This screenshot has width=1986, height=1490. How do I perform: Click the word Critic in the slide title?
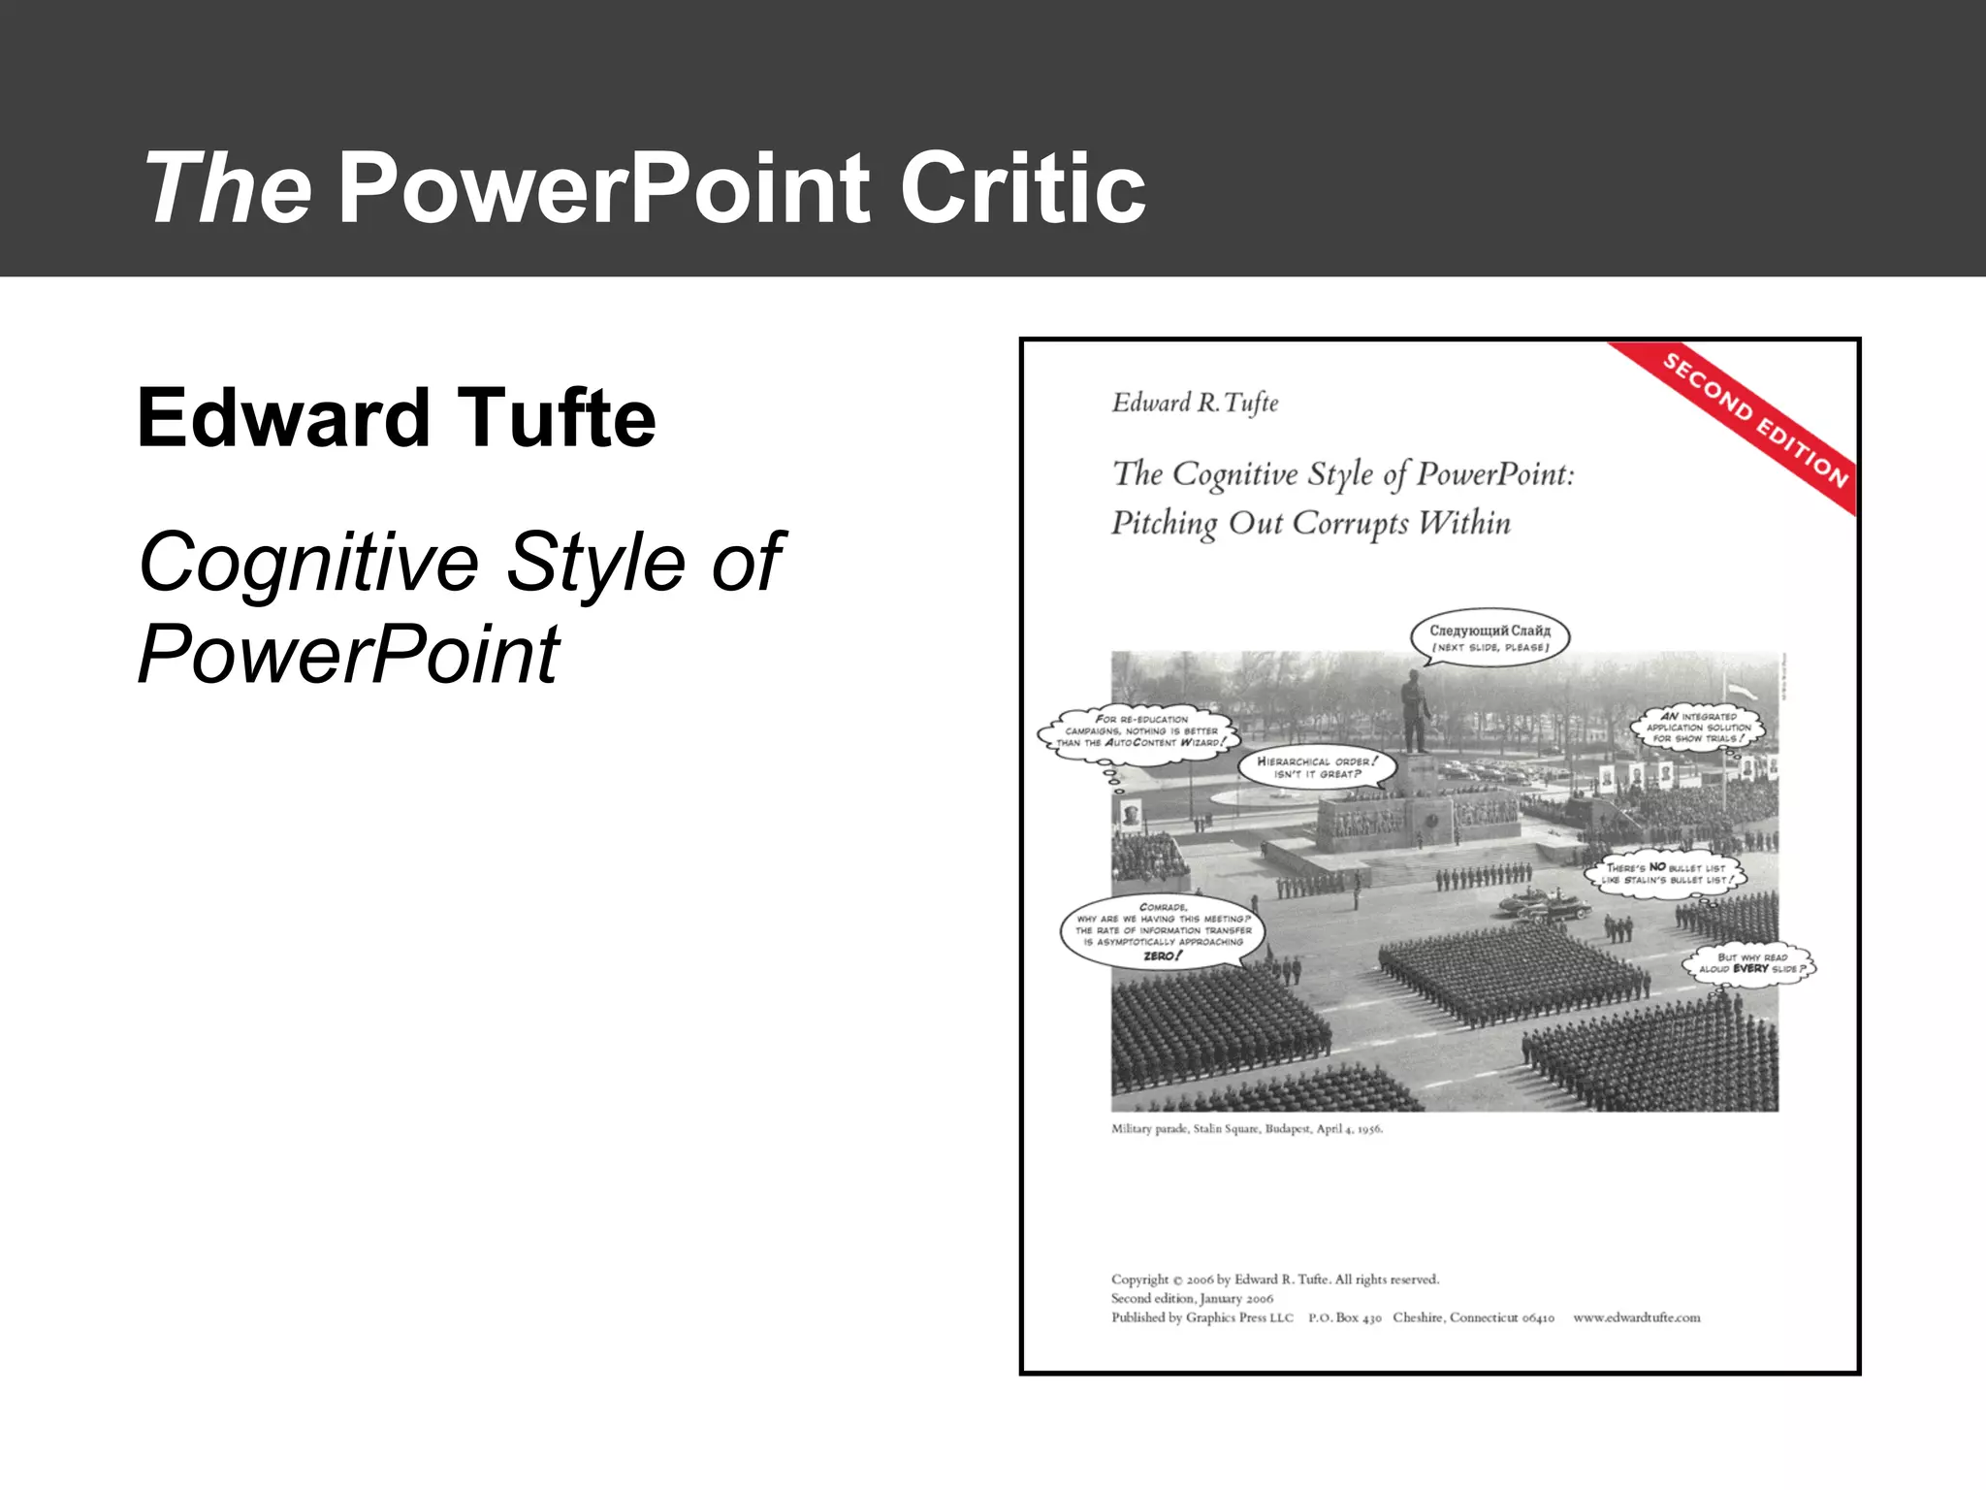(1023, 188)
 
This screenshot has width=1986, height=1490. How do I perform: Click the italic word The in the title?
(229, 188)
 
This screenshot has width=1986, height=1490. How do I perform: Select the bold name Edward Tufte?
(397, 419)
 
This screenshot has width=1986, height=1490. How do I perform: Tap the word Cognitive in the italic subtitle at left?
(308, 563)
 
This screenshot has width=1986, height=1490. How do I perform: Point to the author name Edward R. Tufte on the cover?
(1195, 404)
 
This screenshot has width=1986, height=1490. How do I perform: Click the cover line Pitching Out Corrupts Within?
(1310, 524)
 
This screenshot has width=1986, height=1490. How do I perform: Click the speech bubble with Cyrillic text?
(1489, 637)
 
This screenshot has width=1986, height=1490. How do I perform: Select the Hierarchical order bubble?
(1317, 767)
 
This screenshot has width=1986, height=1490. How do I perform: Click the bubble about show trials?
(1699, 728)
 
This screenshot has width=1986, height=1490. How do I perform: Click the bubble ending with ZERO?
(1163, 934)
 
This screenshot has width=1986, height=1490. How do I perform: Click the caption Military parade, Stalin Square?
(1246, 1129)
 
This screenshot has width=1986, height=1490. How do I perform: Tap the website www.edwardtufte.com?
(1636, 1317)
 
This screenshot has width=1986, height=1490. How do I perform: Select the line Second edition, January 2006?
(1192, 1298)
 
